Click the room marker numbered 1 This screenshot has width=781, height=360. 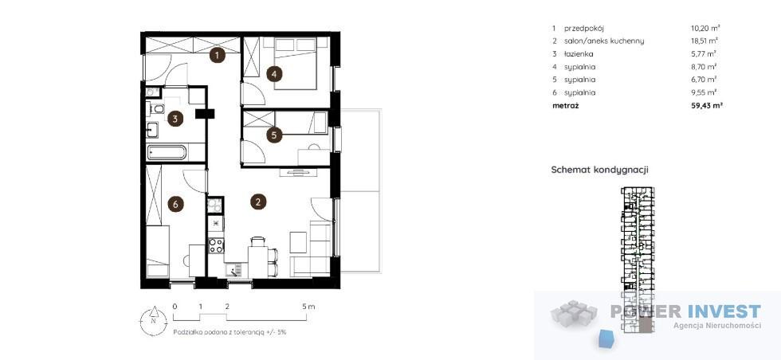[x=217, y=55]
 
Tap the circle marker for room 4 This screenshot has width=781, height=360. [x=274, y=75]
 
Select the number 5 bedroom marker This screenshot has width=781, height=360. [x=274, y=135]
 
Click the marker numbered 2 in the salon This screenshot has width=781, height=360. [x=257, y=202]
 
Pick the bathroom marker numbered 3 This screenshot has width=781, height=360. [x=175, y=119]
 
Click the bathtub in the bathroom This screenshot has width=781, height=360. [x=167, y=152]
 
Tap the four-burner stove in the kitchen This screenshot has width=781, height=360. [x=216, y=245]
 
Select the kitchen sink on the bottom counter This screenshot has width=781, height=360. [x=233, y=270]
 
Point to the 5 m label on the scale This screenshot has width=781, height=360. [x=309, y=306]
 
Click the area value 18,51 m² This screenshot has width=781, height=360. [x=701, y=41]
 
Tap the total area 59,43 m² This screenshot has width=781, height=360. [x=703, y=106]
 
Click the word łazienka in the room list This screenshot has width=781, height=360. [x=579, y=54]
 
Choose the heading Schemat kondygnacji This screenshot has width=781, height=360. [x=599, y=170]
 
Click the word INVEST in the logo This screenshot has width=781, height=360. [x=724, y=311]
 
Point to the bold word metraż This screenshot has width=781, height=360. [x=565, y=106]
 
